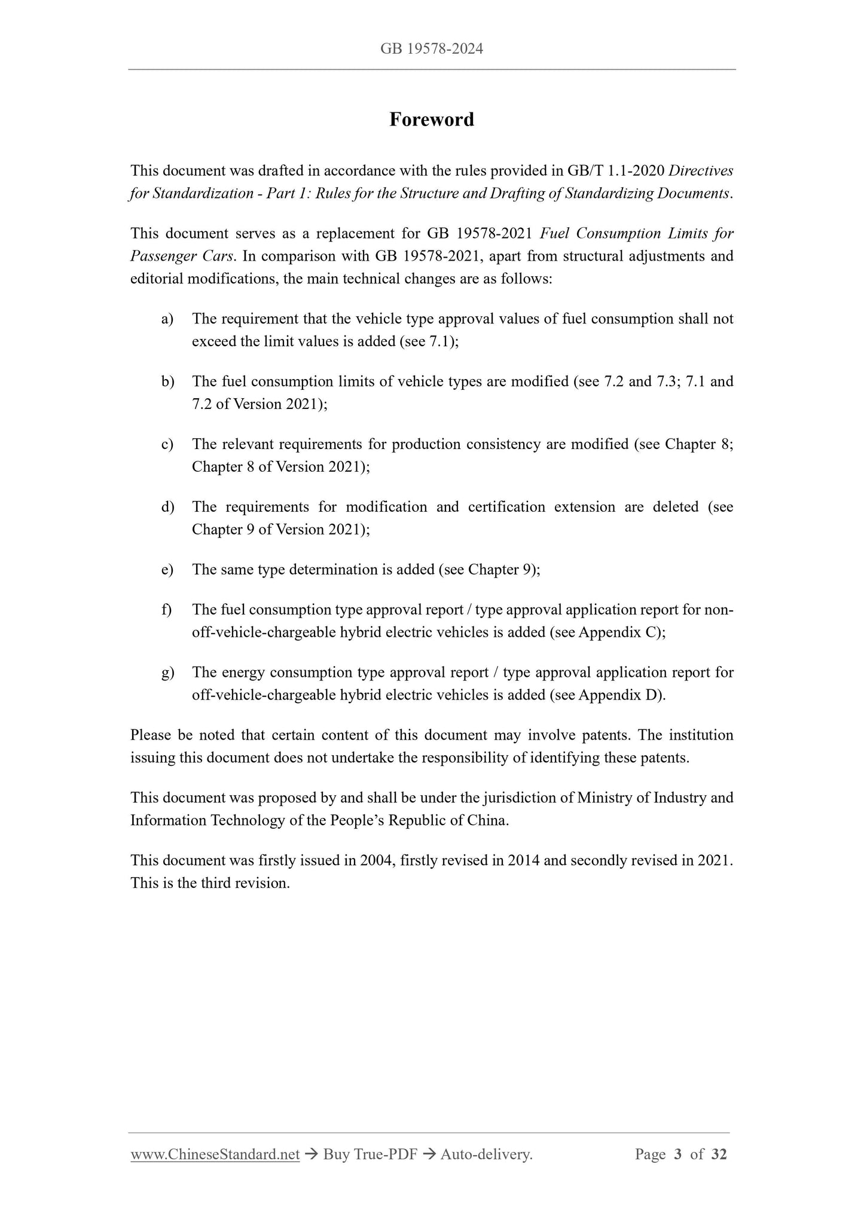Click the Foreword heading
pyautogui.click(x=432, y=120)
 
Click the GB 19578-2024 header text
pyautogui.click(x=432, y=49)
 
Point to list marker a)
pyautogui.click(x=167, y=319)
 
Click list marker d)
pyautogui.click(x=167, y=507)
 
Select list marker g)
pyautogui.click(x=167, y=673)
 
